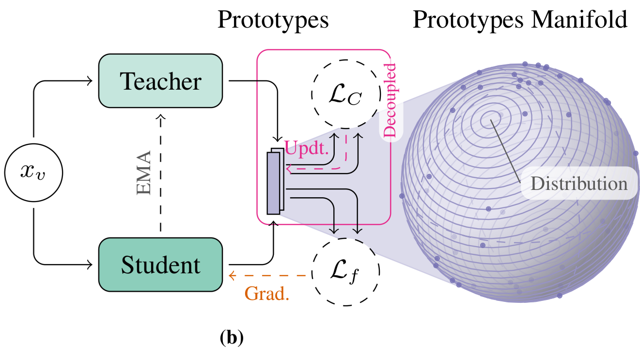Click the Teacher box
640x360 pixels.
pos(160,80)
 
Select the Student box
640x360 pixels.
pos(160,265)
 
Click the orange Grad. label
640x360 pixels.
pos(267,293)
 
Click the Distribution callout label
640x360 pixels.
pos(578,184)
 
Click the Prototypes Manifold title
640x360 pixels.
pos(520,20)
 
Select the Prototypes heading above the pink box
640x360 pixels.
pos(273,20)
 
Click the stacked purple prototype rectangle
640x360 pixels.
pos(274,183)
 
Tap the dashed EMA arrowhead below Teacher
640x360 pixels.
pos(160,116)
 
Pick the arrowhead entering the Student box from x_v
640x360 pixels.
pos(89,265)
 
